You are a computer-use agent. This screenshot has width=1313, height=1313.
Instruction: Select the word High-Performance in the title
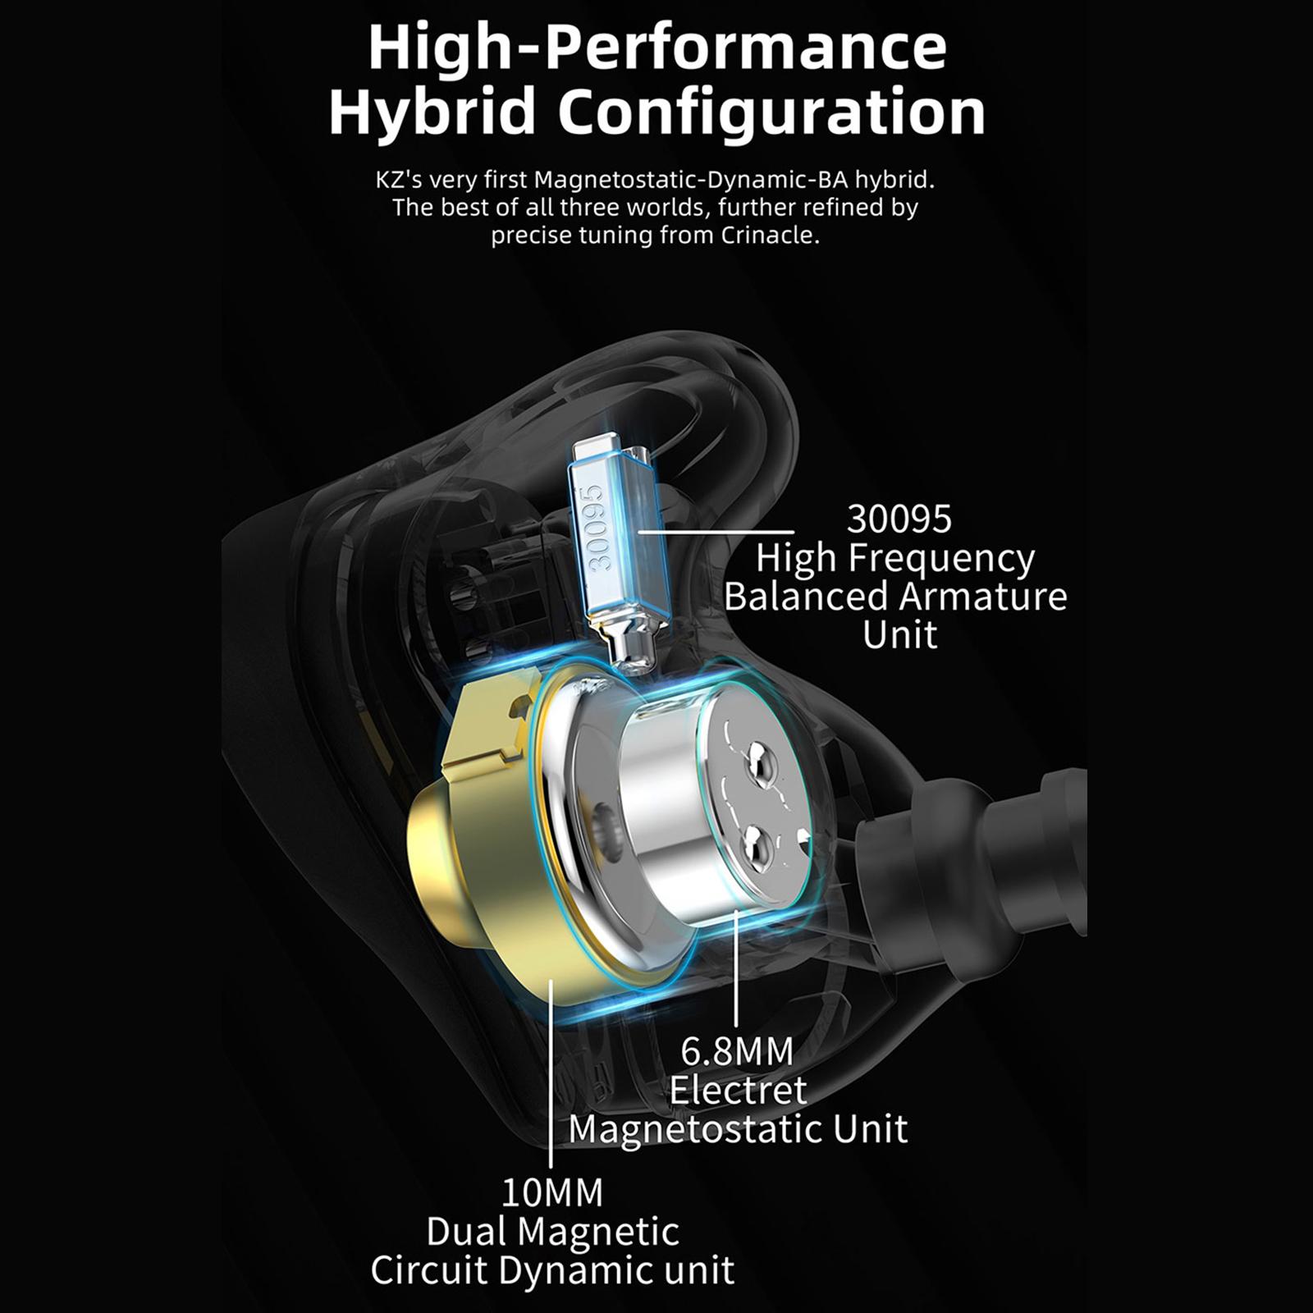[x=657, y=47]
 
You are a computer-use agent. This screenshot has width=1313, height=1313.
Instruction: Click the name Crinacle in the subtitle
[x=770, y=236]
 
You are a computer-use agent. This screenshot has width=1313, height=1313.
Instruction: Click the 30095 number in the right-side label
[x=899, y=519]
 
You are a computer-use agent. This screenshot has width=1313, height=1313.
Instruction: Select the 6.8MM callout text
[x=737, y=1050]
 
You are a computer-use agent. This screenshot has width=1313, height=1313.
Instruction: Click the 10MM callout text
[x=551, y=1192]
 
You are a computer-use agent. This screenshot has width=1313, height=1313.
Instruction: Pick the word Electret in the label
[x=738, y=1090]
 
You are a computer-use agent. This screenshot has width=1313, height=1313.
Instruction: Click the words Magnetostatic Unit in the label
[x=738, y=1129]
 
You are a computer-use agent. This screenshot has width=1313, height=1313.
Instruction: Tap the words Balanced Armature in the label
[x=895, y=596]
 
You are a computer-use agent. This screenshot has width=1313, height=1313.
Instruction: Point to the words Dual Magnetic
[x=553, y=1232]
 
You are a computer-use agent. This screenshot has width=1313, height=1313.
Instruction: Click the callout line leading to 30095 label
[x=716, y=532]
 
